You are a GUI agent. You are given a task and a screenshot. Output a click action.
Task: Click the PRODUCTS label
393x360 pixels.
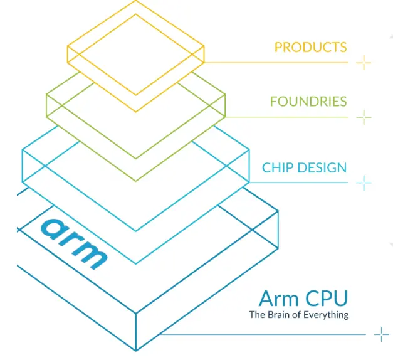point(310,47)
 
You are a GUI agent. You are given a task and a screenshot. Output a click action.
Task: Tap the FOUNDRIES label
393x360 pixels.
point(308,102)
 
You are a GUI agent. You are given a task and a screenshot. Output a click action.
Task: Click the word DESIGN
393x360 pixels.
point(323,167)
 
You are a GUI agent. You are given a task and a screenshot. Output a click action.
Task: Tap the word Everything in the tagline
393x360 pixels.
point(326,315)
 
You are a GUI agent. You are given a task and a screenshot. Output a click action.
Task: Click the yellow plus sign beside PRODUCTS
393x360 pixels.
point(364,62)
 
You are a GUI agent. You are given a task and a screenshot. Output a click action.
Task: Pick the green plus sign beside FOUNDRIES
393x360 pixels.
point(364,117)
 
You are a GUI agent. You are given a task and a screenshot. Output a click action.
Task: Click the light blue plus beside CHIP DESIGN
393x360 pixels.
point(364,183)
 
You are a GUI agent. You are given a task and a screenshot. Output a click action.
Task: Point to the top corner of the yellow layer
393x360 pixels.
point(136,1)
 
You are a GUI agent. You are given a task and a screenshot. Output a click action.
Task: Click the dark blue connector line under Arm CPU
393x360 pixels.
point(263,334)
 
